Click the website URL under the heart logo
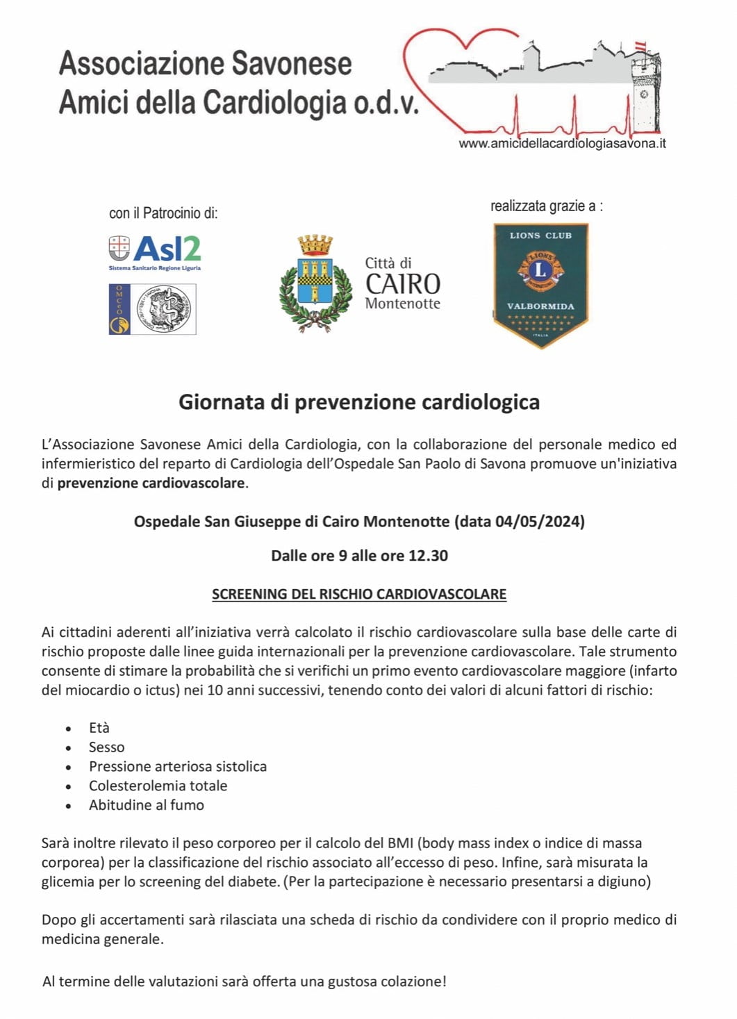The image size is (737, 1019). point(562,144)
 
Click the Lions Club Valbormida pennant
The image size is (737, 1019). point(540,284)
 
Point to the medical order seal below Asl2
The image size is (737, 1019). point(153,309)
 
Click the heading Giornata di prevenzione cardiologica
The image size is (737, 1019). point(359,402)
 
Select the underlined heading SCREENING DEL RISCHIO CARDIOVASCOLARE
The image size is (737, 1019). point(359,595)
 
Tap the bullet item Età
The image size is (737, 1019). point(99,728)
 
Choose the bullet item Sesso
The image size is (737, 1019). point(107,747)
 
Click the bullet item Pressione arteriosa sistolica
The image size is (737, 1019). point(178,767)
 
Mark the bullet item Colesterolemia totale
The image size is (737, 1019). point(158,786)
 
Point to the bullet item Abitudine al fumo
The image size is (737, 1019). point(147,805)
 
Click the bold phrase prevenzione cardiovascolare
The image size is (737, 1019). point(151,483)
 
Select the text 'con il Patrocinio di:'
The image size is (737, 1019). point(163,213)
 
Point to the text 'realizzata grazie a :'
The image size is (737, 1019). point(547,206)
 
